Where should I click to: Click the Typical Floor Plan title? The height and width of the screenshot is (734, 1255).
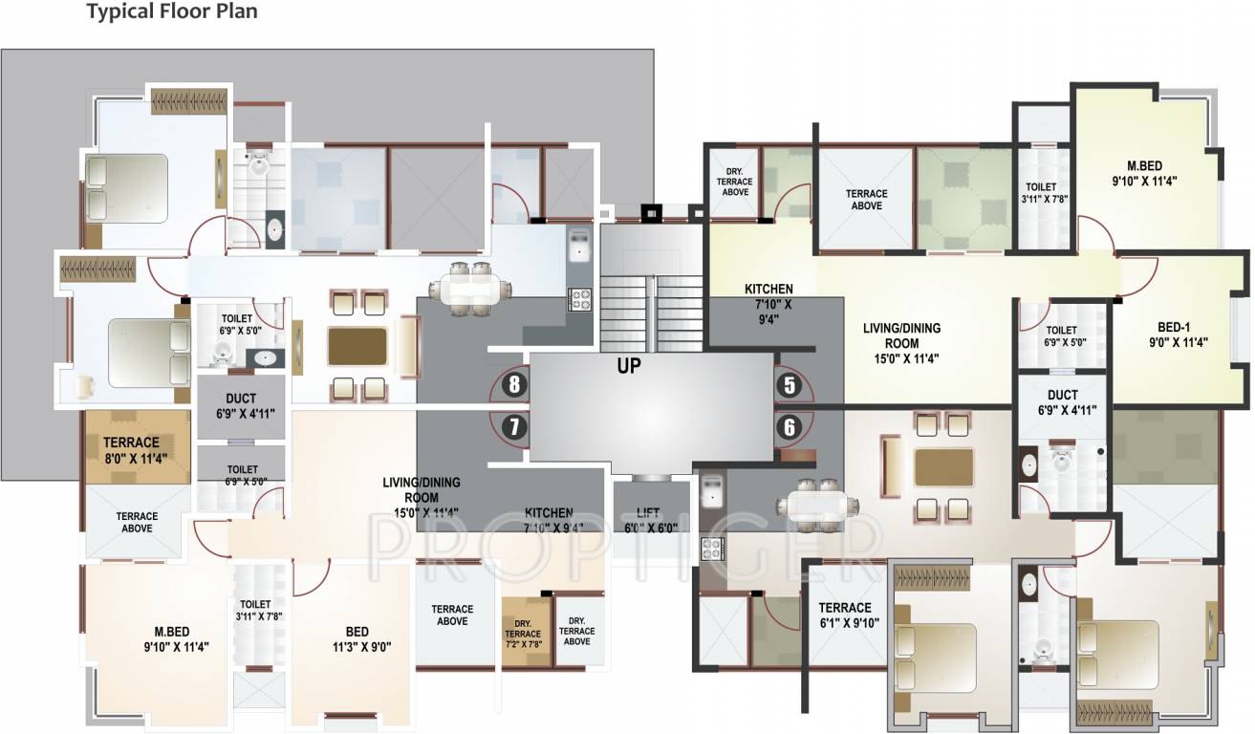click(172, 12)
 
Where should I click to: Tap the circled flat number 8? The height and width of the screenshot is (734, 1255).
click(514, 385)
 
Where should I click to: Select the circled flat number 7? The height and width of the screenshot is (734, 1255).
click(514, 427)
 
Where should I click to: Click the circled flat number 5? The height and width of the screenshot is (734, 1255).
click(789, 385)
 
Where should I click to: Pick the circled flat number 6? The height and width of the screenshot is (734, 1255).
click(789, 427)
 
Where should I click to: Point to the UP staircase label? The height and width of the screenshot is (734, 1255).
click(628, 364)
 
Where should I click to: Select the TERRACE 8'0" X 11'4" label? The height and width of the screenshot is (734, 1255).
click(131, 449)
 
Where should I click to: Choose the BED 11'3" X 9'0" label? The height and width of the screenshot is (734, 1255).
click(357, 638)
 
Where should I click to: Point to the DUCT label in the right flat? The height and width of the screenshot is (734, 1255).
click(1062, 401)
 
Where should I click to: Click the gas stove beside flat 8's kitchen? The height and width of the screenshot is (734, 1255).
click(580, 299)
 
